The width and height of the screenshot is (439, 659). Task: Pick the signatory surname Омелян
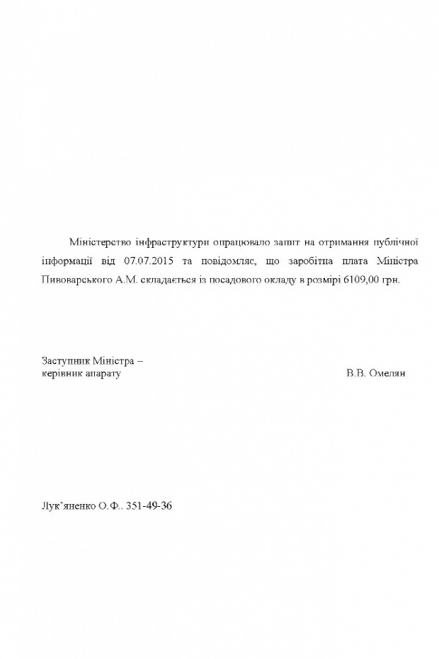(387, 373)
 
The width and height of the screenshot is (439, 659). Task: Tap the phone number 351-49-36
(149, 507)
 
